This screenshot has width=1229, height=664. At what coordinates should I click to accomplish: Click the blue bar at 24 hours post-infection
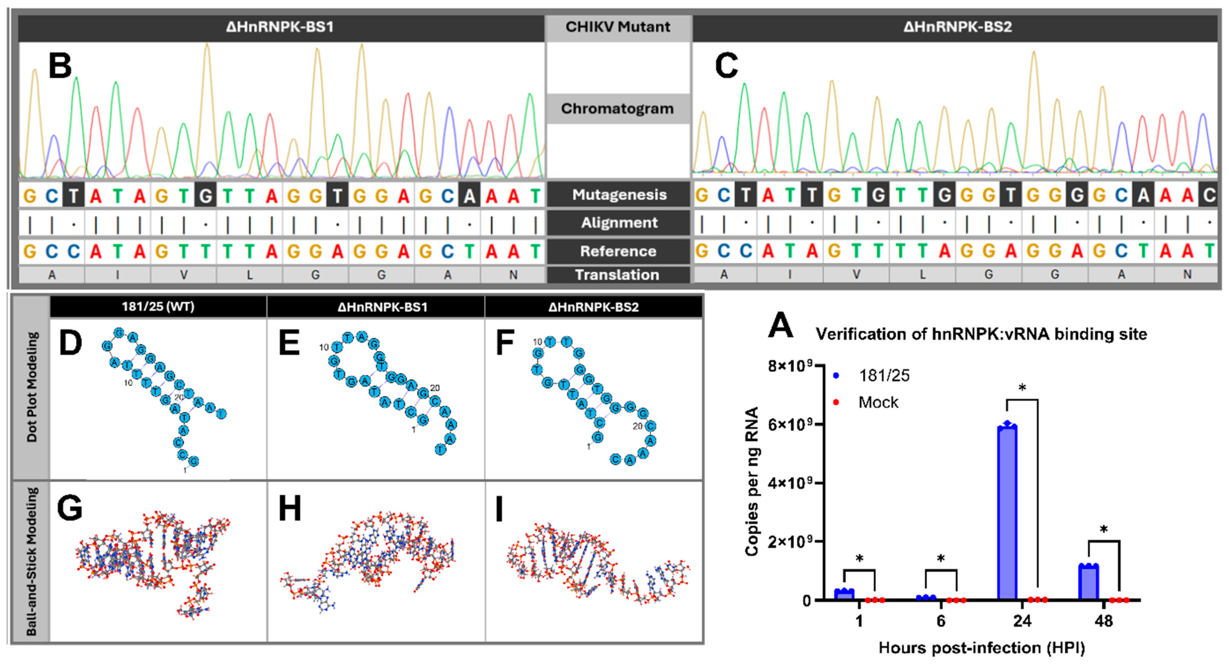tap(1007, 513)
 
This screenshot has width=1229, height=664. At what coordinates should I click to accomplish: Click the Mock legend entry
tap(878, 402)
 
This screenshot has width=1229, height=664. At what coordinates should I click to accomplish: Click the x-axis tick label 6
tap(940, 621)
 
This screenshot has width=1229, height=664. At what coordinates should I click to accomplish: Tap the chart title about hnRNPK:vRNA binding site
tap(981, 334)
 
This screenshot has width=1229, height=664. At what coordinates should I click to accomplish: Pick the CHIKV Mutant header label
tap(618, 27)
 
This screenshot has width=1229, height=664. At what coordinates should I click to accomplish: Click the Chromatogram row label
tap(617, 109)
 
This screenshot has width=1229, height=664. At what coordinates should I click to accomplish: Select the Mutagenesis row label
tap(619, 195)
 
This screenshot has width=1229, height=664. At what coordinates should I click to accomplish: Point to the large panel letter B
tap(60, 66)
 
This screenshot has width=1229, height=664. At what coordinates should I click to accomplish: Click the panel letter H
tap(290, 508)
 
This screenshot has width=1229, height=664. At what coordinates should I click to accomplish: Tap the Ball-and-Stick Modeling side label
tap(31, 561)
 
